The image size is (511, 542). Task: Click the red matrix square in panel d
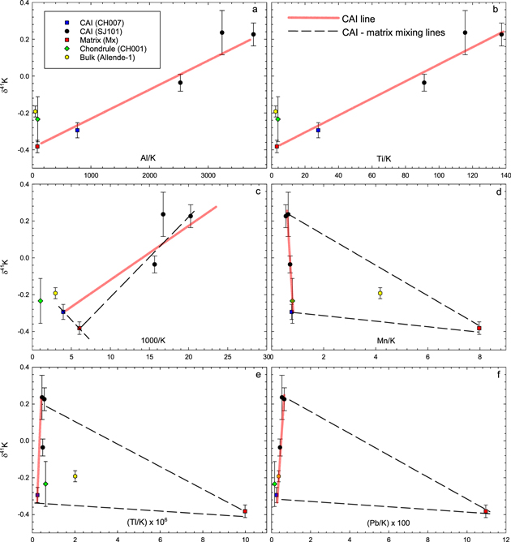tap(479, 328)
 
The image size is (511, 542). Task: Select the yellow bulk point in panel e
tap(75, 476)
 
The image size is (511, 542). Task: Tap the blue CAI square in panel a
tap(77, 130)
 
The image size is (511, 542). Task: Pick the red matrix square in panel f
tap(487, 511)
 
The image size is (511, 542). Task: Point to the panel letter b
tap(498, 10)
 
